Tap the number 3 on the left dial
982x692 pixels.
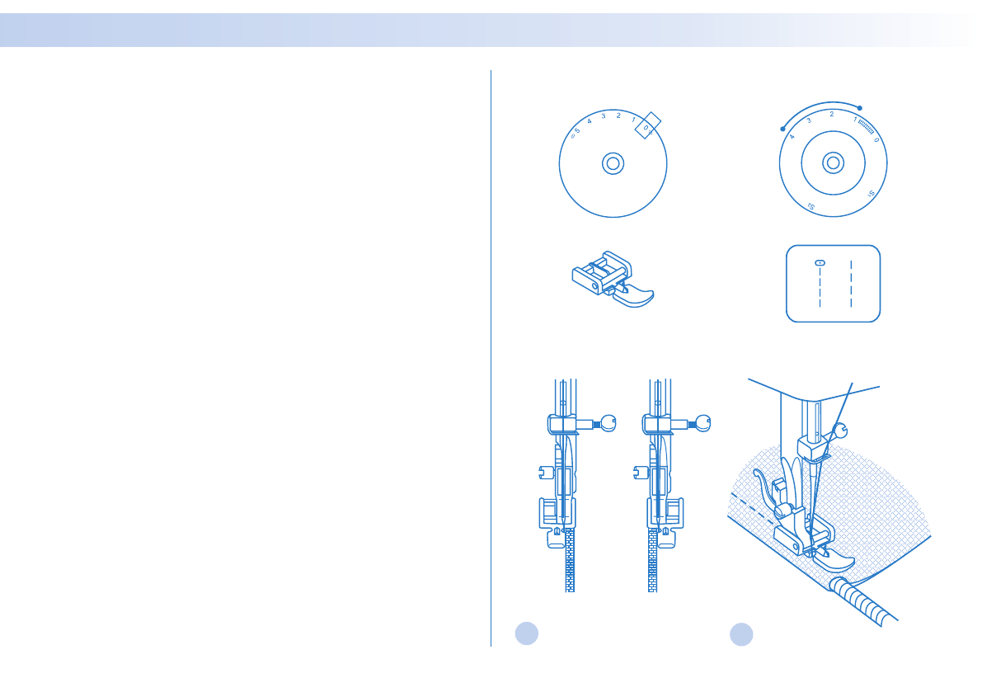pyautogui.click(x=604, y=116)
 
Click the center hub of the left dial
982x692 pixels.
pyautogui.click(x=612, y=163)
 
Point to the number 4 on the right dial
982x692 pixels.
pyautogui.click(x=792, y=136)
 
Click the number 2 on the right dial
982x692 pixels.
pyautogui.click(x=832, y=114)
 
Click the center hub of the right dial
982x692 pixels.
pyautogui.click(x=834, y=162)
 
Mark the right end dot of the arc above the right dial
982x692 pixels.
pyautogui.click(x=860, y=108)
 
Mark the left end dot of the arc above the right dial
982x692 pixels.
pyautogui.click(x=782, y=129)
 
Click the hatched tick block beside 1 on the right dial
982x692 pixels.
pyautogui.click(x=867, y=125)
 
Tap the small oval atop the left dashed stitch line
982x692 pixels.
pyautogui.click(x=820, y=262)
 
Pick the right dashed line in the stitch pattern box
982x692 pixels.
pyautogui.click(x=850, y=285)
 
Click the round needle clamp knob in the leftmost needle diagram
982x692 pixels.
pyautogui.click(x=608, y=423)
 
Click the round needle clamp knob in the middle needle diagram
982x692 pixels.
pyautogui.click(x=702, y=423)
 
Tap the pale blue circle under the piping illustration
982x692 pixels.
pyautogui.click(x=741, y=633)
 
